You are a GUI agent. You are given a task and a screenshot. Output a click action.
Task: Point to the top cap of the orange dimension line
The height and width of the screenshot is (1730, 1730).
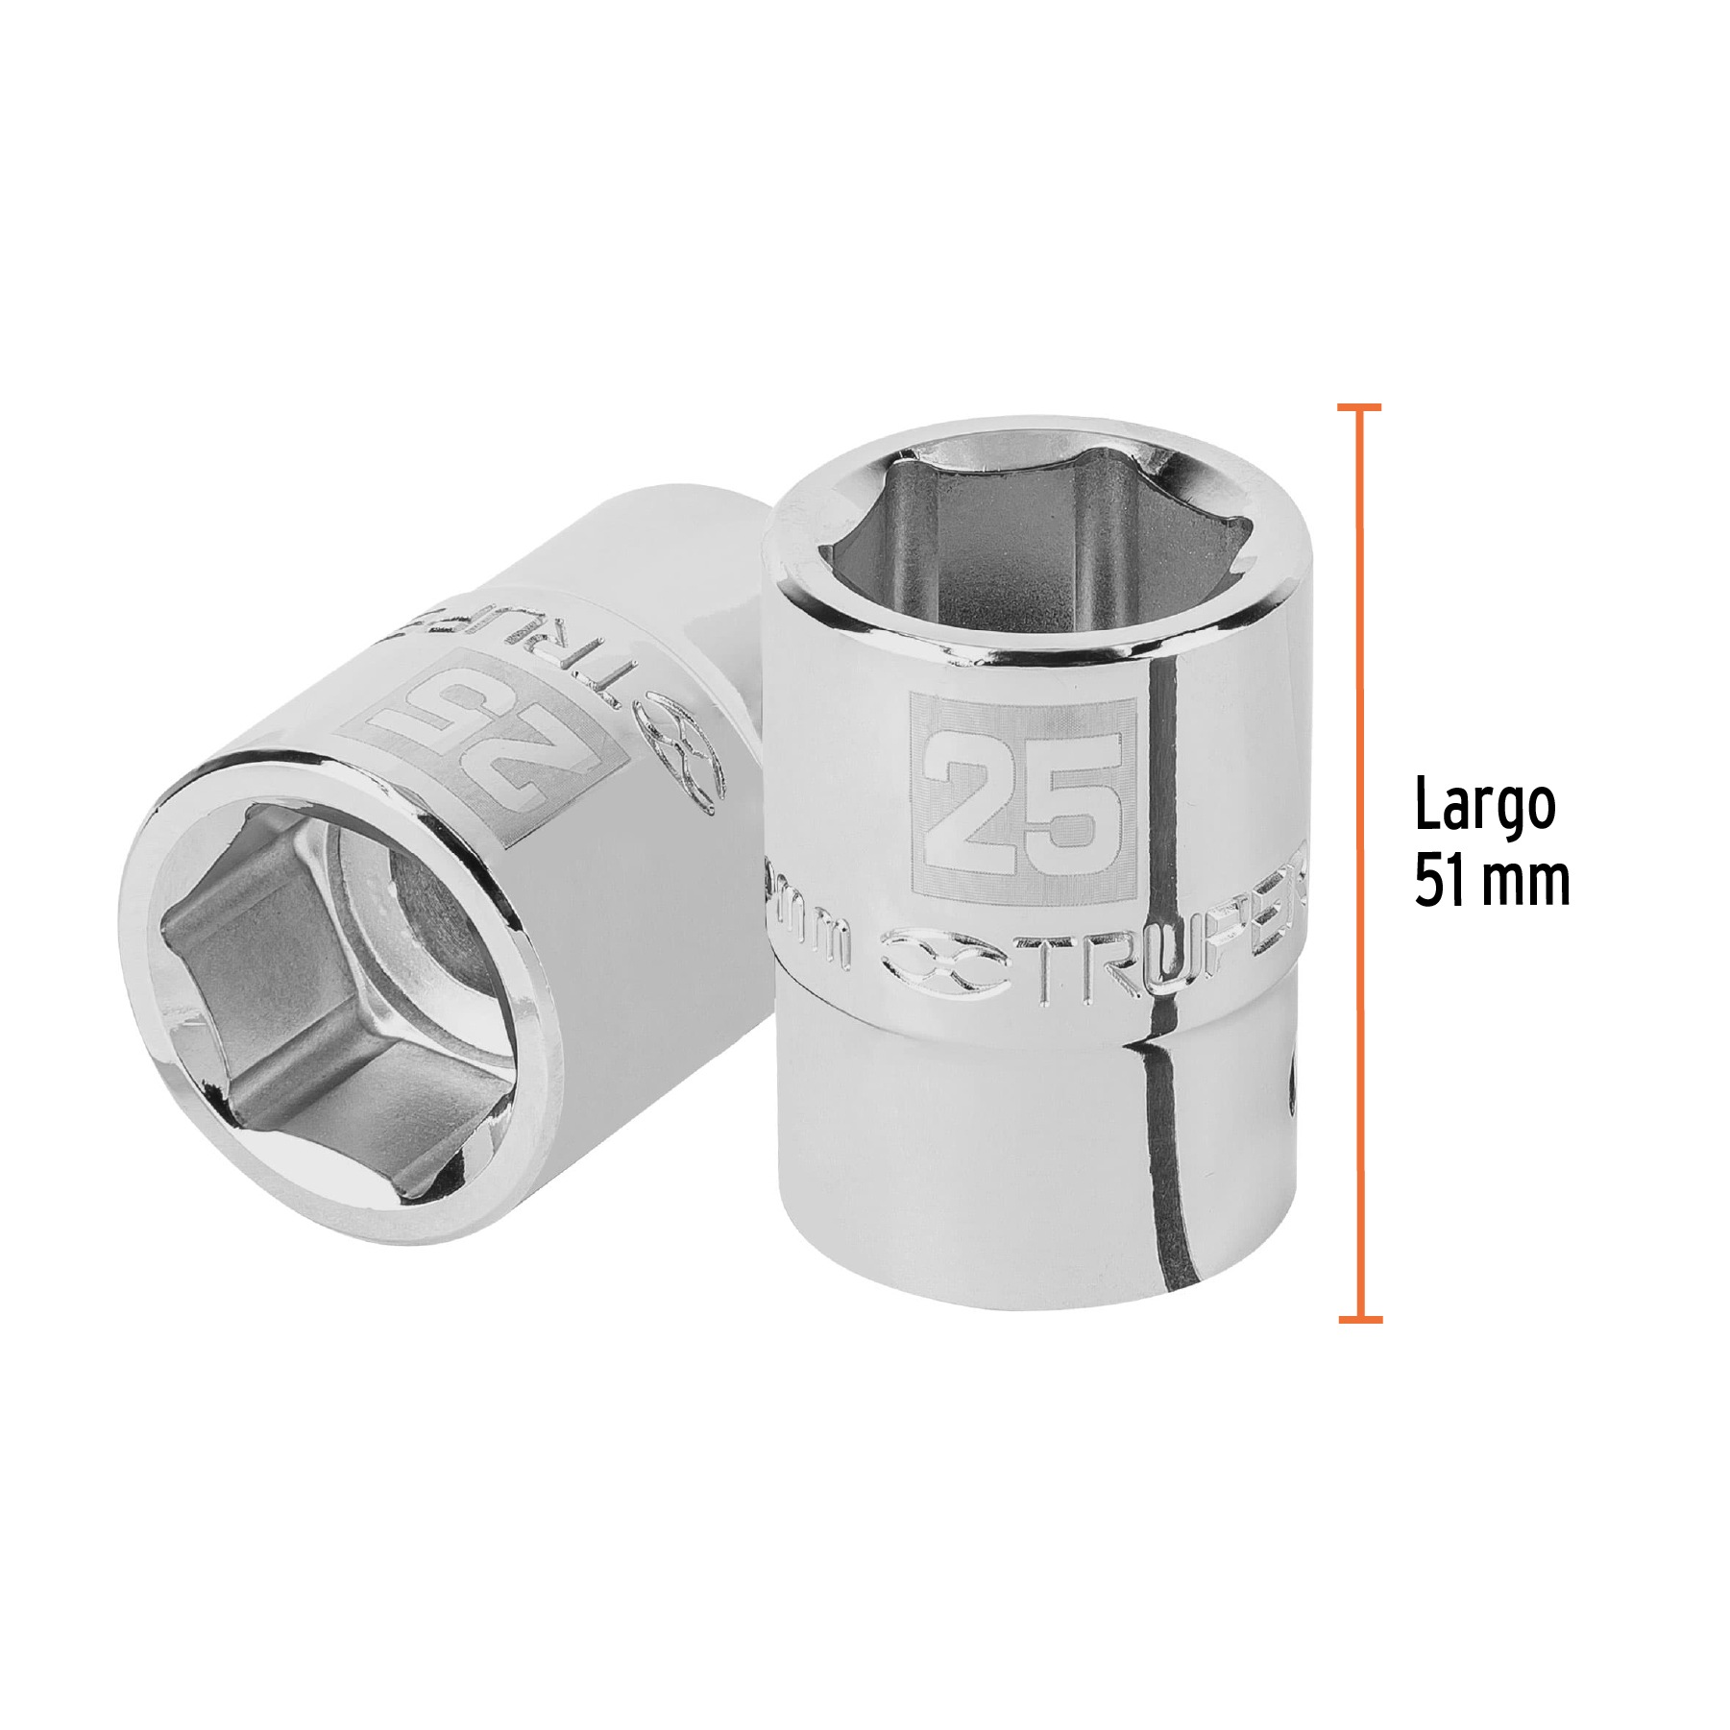1359,407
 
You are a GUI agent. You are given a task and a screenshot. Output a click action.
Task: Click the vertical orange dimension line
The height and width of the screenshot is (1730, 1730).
1359,865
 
